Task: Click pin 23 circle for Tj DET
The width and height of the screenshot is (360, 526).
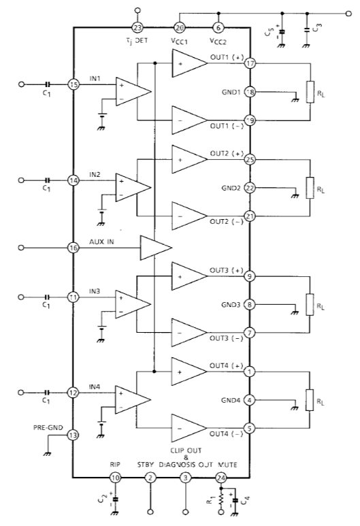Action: click(x=137, y=27)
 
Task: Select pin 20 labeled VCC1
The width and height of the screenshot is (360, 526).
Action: click(x=180, y=27)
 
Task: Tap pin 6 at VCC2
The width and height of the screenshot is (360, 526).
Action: click(x=218, y=27)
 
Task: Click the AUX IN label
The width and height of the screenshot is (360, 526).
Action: click(x=101, y=242)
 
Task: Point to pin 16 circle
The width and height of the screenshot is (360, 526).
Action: click(x=73, y=248)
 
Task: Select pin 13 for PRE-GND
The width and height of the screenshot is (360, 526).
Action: click(x=73, y=435)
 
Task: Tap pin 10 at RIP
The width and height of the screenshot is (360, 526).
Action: click(x=115, y=478)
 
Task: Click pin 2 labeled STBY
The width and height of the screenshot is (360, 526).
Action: click(x=150, y=478)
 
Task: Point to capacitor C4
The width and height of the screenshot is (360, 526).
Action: click(x=235, y=500)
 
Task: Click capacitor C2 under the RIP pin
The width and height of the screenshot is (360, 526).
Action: click(x=116, y=499)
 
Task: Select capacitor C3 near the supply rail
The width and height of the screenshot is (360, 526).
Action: click(x=307, y=29)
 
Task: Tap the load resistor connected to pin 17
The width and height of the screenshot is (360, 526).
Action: click(x=310, y=92)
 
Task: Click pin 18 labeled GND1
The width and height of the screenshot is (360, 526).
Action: click(x=250, y=92)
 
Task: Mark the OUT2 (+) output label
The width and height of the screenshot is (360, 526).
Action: click(x=227, y=154)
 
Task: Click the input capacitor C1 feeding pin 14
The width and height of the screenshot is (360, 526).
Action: click(x=48, y=180)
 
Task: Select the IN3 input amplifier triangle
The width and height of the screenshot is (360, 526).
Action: click(x=133, y=304)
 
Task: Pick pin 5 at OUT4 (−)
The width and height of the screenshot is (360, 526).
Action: click(x=249, y=429)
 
